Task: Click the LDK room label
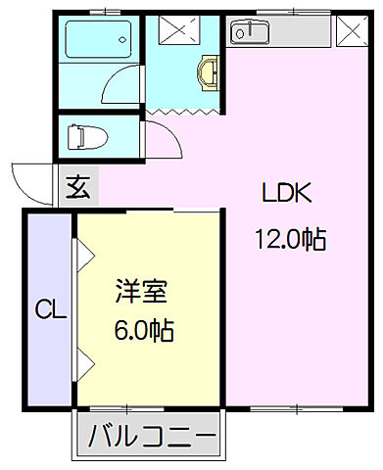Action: click(286, 193)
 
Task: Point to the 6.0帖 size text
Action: click(143, 330)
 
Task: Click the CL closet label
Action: click(50, 312)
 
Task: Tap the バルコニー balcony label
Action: click(152, 435)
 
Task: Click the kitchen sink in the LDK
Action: click(251, 32)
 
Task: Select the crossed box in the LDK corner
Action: click(348, 31)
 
